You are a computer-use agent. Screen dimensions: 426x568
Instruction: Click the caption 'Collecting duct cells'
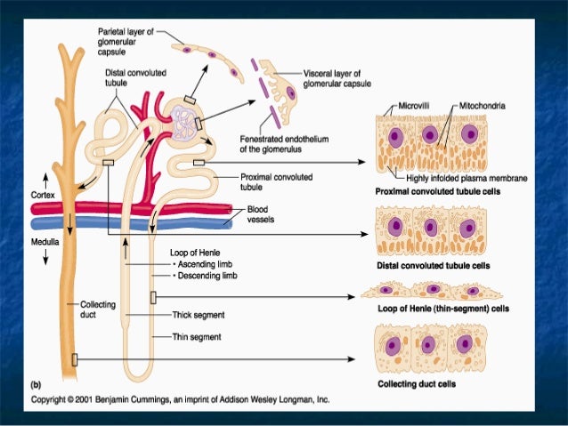[x=429, y=384]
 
